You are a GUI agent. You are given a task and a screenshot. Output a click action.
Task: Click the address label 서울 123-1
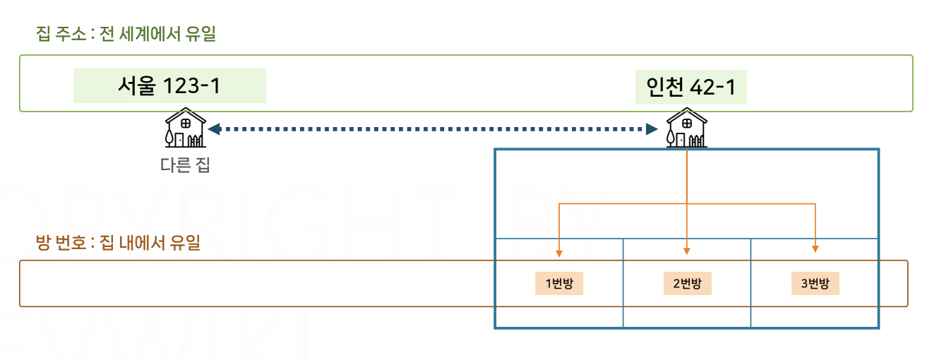(x=169, y=86)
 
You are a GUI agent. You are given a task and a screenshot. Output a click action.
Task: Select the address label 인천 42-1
(x=691, y=86)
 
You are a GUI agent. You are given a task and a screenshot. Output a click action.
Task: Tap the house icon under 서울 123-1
(x=185, y=128)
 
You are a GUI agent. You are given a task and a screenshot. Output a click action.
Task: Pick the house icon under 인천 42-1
(x=686, y=128)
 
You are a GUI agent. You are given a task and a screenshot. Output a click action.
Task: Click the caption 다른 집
(x=185, y=166)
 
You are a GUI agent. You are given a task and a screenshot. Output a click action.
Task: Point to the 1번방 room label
(x=559, y=284)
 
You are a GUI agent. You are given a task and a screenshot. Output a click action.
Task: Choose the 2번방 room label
(x=687, y=284)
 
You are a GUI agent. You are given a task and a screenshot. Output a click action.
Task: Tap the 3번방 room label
(x=815, y=284)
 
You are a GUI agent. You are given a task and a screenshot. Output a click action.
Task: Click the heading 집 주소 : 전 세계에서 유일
(x=126, y=34)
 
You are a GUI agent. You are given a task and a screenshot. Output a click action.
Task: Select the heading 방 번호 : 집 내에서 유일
(x=118, y=244)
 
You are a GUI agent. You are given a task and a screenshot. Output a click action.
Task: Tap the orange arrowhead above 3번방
(x=815, y=249)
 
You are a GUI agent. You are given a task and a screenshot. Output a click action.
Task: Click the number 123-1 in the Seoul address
(x=191, y=86)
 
